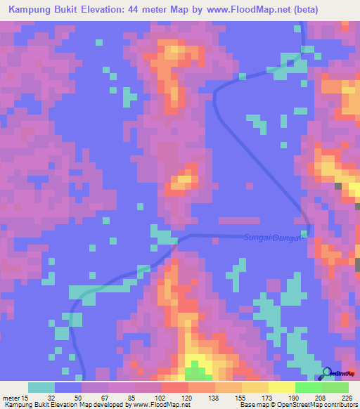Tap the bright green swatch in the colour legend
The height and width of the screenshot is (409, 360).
tap(308, 387)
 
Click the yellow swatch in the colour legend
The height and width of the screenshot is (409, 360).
tap(281, 387)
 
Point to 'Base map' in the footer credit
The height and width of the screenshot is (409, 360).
tap(250, 404)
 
